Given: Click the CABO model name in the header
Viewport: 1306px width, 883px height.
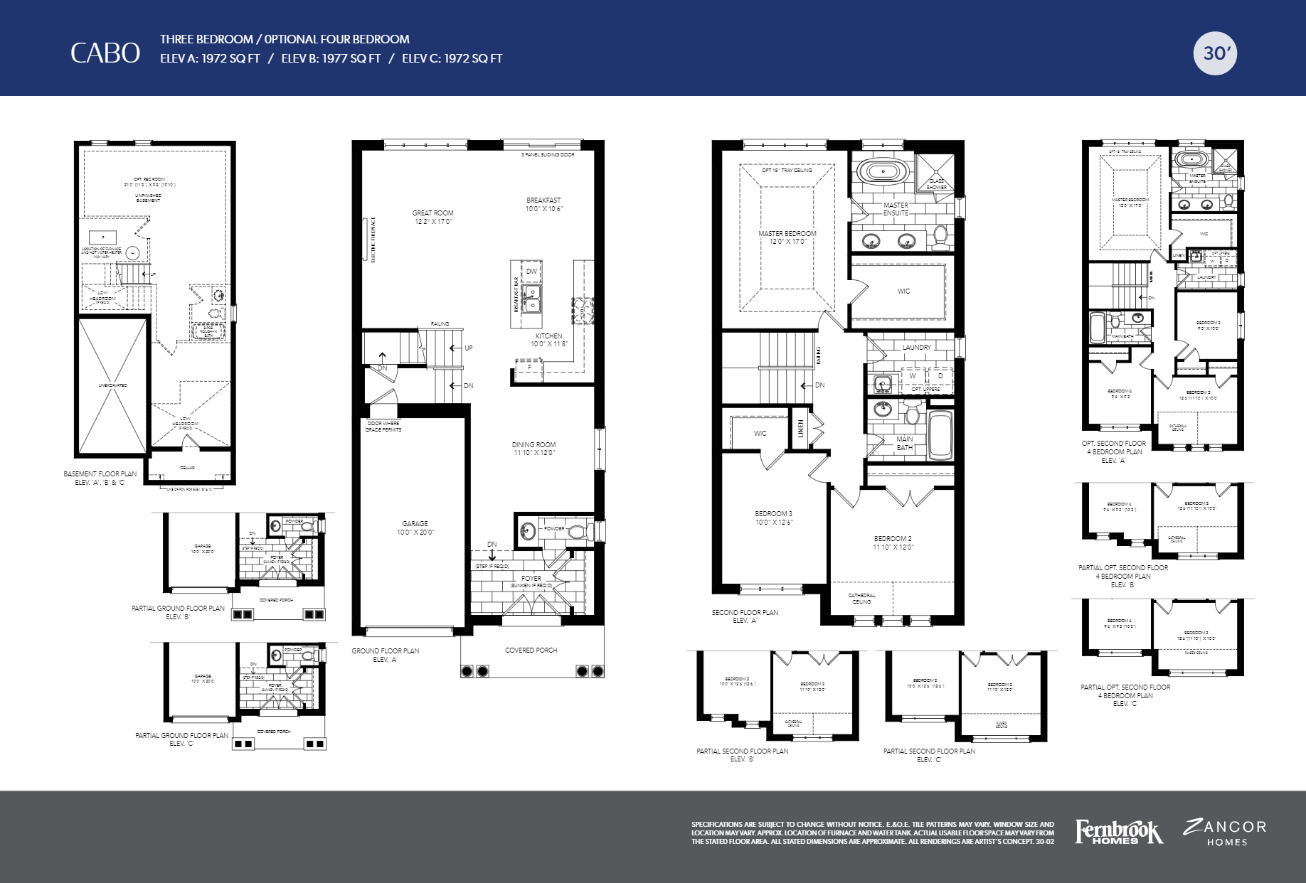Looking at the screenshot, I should (x=105, y=53).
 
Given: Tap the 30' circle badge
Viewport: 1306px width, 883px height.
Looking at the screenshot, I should (x=1215, y=53).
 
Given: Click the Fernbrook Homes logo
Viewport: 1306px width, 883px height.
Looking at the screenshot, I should (x=1118, y=831).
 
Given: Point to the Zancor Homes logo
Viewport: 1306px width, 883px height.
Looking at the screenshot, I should (x=1225, y=833).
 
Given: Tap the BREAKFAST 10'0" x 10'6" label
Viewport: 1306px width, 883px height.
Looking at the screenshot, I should (x=543, y=204).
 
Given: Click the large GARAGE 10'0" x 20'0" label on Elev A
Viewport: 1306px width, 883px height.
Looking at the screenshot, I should (x=415, y=528).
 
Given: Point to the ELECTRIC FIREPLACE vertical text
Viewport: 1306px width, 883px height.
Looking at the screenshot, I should (x=373, y=240).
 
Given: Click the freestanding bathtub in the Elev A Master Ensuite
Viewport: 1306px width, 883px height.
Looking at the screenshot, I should (x=883, y=171).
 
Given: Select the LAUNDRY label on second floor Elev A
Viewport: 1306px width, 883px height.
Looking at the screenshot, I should (x=916, y=347).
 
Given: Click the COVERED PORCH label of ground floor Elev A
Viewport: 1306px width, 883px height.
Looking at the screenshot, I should (x=531, y=650).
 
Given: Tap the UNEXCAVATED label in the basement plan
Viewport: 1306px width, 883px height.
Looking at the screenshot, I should (x=112, y=385).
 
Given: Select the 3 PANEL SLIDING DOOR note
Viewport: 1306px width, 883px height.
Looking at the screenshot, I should (x=548, y=154).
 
